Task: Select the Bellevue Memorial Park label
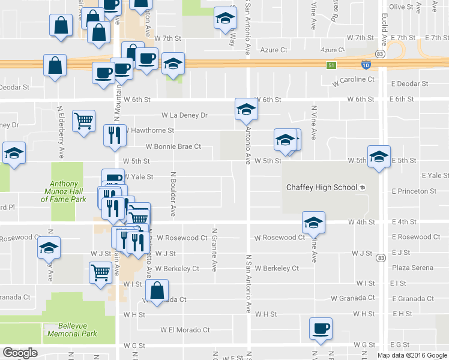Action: pyautogui.click(x=71, y=329)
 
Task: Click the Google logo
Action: pyautogui.click(x=20, y=353)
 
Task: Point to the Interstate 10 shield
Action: pyautogui.click(x=366, y=64)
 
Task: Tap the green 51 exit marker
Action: pyautogui.click(x=330, y=64)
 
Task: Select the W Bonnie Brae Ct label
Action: pyautogui.click(x=173, y=146)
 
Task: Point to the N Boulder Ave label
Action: pyautogui.click(x=172, y=194)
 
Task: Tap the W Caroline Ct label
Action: pyautogui.click(x=354, y=79)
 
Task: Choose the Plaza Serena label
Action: pyautogui.click(x=408, y=268)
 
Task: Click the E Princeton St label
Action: pyautogui.click(x=414, y=191)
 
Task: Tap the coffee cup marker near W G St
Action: pyautogui.click(x=320, y=329)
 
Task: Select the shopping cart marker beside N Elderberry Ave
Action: pyautogui.click(x=83, y=120)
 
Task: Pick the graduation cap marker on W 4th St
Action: pyautogui.click(x=313, y=223)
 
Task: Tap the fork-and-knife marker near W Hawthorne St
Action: pyautogui.click(x=114, y=136)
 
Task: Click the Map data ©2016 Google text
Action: pyautogui.click(x=412, y=355)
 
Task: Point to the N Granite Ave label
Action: pyautogui.click(x=214, y=249)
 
